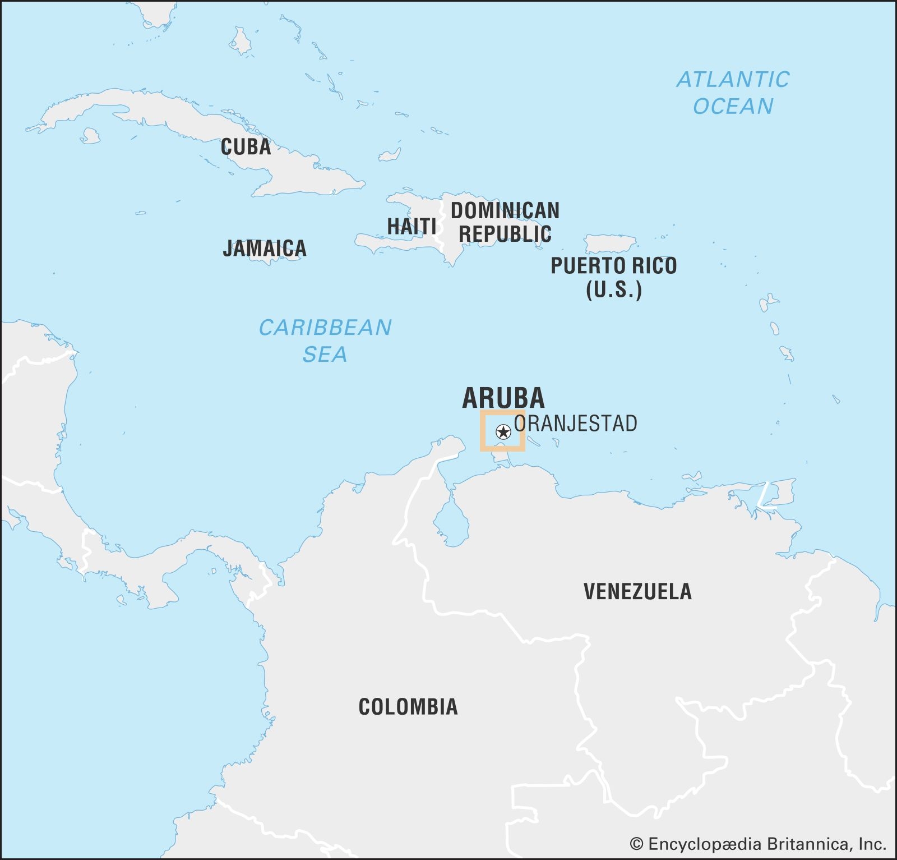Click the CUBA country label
[x=246, y=147]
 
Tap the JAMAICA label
[x=265, y=248]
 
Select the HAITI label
[x=411, y=226]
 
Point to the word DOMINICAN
[x=505, y=211]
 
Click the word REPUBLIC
[x=505, y=234]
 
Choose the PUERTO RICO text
[x=613, y=265]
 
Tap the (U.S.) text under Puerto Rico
[x=613, y=290]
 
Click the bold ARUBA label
[x=503, y=398]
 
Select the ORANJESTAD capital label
[x=576, y=424]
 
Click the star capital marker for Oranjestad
[x=503, y=432]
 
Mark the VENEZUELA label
[x=637, y=591]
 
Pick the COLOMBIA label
[x=408, y=707]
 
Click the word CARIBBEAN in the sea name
[x=325, y=328]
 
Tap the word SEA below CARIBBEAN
[x=325, y=355]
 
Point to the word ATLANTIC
[x=733, y=80]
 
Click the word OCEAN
[x=733, y=107]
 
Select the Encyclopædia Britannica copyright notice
[x=757, y=844]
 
